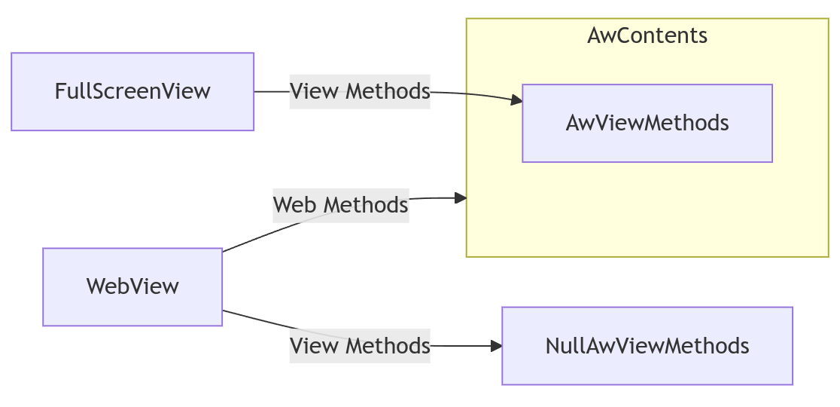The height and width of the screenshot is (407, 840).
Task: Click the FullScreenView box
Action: (132, 92)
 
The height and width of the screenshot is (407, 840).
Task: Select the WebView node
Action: (132, 287)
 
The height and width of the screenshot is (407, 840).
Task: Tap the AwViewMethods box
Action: (647, 124)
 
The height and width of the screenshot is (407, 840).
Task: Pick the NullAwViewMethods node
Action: (647, 346)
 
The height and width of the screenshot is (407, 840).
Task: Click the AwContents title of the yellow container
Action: (647, 35)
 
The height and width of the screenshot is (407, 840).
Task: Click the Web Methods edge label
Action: (341, 205)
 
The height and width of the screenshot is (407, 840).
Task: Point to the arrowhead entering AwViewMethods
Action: (516, 99)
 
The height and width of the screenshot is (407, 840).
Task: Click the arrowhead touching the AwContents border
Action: (461, 198)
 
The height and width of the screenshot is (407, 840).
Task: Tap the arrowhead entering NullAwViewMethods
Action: (496, 346)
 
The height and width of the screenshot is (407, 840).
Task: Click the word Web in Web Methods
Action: (297, 205)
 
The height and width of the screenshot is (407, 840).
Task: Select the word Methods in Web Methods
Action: (367, 205)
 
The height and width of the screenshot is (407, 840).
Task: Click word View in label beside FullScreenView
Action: (314, 91)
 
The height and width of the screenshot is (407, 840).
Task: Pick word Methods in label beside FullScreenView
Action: (388, 91)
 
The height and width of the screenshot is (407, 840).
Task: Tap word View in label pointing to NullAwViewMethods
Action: (314, 346)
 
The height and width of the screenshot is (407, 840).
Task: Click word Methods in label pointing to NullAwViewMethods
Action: (388, 346)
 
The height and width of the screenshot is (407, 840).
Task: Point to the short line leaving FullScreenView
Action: (272, 92)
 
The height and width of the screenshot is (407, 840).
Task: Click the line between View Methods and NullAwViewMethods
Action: (461, 346)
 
